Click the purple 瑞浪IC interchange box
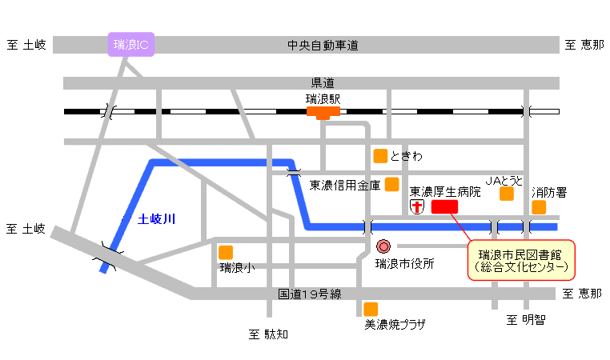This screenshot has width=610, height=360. (131, 45)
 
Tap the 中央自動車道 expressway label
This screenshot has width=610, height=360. (322, 45)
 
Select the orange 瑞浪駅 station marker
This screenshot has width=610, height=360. (323, 113)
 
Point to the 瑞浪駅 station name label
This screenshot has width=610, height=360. (323, 100)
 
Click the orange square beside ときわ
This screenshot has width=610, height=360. (380, 155)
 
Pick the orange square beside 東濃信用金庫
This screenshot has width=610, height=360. (391, 185)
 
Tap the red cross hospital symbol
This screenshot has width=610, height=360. (417, 207)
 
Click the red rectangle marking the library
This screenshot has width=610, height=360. (444, 207)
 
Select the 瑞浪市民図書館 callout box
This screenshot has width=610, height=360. (521, 260)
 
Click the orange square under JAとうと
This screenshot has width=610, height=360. (506, 194)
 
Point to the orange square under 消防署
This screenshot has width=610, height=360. (539, 207)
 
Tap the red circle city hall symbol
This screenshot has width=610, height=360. (383, 247)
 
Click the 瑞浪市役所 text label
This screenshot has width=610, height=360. (405, 263)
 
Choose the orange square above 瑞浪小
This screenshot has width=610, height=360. (226, 253)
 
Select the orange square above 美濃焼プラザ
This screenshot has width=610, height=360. (371, 309)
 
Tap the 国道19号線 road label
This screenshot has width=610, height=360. (309, 294)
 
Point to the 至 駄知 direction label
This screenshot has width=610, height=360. (267, 334)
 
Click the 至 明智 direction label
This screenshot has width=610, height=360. (525, 321)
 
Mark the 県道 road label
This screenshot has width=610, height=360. (322, 82)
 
